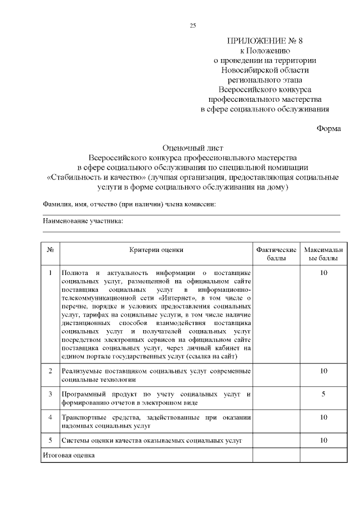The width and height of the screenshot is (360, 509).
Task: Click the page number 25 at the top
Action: pyautogui.click(x=193, y=25)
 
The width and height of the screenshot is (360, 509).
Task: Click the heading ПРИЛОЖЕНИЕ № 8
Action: pyautogui.click(x=264, y=41)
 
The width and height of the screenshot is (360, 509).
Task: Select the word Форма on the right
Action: pyautogui.click(x=328, y=128)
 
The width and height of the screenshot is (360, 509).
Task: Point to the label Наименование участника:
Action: pyautogui.click(x=83, y=221)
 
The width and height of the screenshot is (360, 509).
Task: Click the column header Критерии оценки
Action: pyautogui.click(x=156, y=249)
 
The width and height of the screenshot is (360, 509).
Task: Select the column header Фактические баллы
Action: pyautogui.click(x=276, y=254)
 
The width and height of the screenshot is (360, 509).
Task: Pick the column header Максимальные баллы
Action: pyautogui.click(x=323, y=254)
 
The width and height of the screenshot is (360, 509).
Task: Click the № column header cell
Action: pyautogui.click(x=51, y=249)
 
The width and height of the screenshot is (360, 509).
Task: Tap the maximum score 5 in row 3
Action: pyautogui.click(x=323, y=394)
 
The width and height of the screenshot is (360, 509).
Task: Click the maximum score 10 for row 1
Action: pyautogui.click(x=323, y=273)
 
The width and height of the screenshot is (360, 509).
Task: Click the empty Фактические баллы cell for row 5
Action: pyautogui.click(x=276, y=440)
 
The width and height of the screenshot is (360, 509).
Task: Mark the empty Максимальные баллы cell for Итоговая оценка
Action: pyautogui.click(x=323, y=454)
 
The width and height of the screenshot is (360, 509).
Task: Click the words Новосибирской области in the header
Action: pyautogui.click(x=264, y=70)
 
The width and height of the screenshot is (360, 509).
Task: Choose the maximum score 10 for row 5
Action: pyautogui.click(x=323, y=440)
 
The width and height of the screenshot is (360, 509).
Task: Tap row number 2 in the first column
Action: pyautogui.click(x=51, y=371)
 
